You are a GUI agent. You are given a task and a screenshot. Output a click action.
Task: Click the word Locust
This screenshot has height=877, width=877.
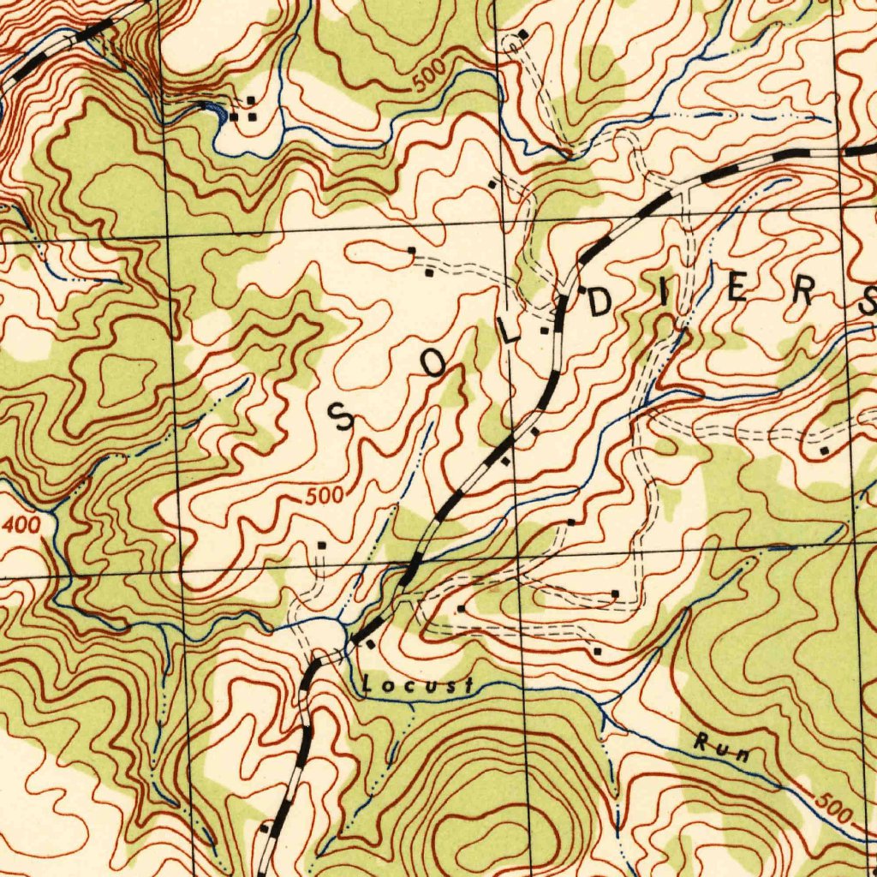pos(418,686)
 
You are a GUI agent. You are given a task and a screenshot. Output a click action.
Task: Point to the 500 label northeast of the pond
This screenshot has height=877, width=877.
pos(427,77)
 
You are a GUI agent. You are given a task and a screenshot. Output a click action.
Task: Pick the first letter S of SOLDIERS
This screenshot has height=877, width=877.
pos(342,417)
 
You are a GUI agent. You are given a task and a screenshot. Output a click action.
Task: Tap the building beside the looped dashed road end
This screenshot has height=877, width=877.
pos(523,33)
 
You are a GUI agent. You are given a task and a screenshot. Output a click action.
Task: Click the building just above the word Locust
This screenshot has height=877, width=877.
pos(371,644)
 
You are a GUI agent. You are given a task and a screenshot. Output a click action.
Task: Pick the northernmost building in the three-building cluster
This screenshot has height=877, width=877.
pos(250,100)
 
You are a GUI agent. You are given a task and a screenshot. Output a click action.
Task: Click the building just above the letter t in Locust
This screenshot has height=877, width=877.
pos(462,608)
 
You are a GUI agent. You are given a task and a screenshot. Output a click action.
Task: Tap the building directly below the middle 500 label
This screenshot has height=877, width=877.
pos(322,544)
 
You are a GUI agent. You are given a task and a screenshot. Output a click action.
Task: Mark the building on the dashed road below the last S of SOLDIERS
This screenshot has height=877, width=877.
pos(824,450)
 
